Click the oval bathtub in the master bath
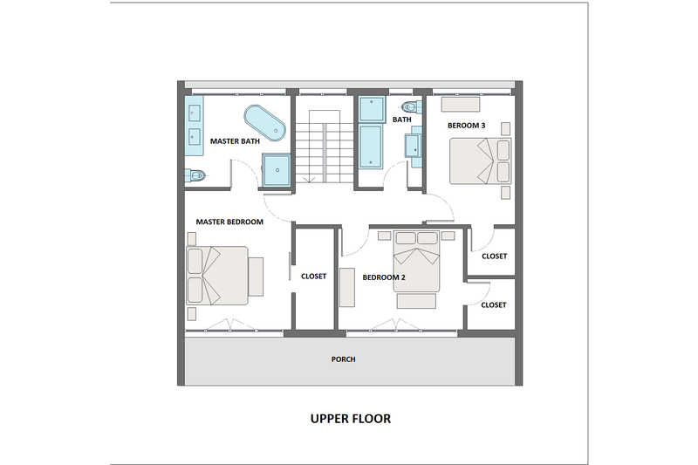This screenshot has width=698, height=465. [265, 123]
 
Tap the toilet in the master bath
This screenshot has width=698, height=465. [195, 175]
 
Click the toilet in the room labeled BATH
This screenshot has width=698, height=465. [417, 106]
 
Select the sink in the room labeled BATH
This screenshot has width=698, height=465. [410, 146]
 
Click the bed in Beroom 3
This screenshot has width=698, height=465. [479, 161]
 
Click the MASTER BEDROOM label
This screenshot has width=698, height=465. [229, 222]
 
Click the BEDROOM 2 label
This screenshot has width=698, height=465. [385, 277]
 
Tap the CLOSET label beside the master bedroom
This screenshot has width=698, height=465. [313, 277]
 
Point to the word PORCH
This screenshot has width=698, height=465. [344, 359]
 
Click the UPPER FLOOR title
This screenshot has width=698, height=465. [350, 419]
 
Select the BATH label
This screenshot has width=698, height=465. [401, 120]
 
